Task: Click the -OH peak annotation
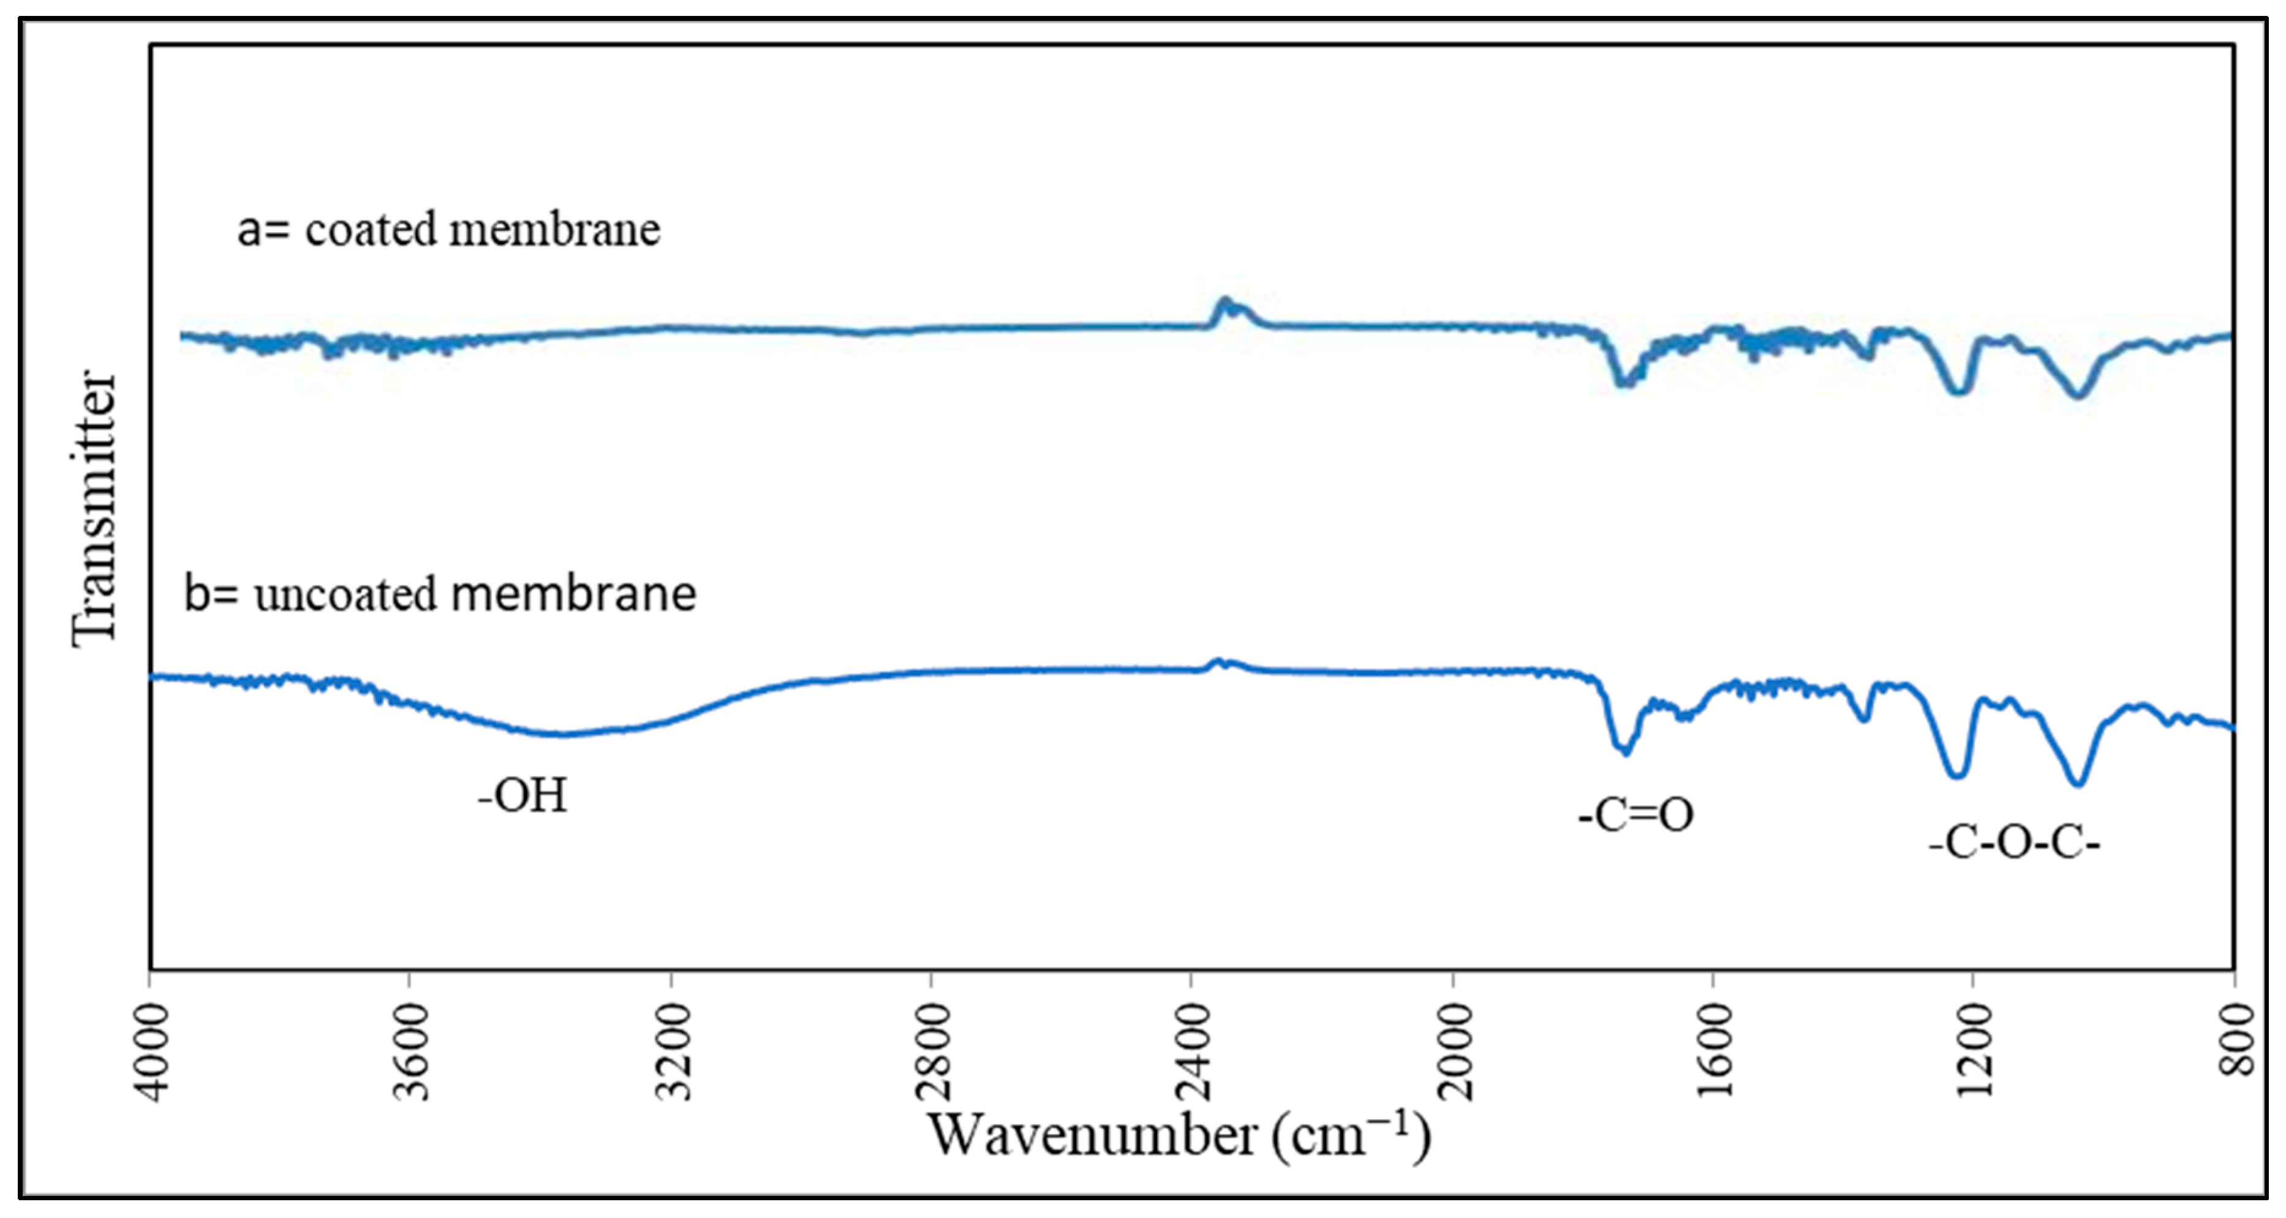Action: pyautogui.click(x=522, y=795)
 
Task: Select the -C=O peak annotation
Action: pyautogui.click(x=1635, y=814)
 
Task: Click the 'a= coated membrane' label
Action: pyautogui.click(x=448, y=230)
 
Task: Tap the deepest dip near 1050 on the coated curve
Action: pyautogui.click(x=2077, y=395)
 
